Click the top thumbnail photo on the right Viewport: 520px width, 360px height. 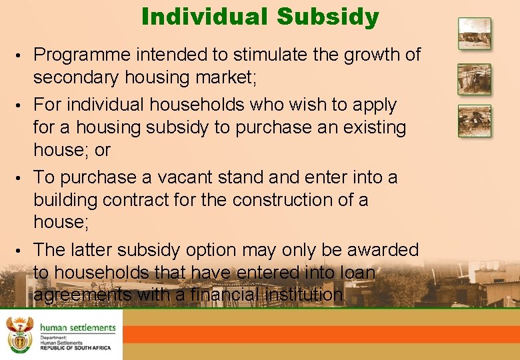pos(474,34)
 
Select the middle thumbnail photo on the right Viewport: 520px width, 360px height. pos(474,79)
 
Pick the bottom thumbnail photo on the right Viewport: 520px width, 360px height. pos(474,121)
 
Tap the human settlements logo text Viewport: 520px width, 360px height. pos(77,328)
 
